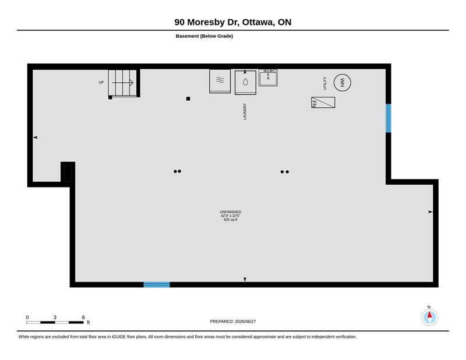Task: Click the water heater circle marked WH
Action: pyautogui.click(x=342, y=82)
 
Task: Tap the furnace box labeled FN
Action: pyautogui.click(x=323, y=103)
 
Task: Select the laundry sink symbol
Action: pyautogui.click(x=268, y=78)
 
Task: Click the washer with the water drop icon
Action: pyautogui.click(x=245, y=82)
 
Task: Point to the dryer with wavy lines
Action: pyautogui.click(x=220, y=81)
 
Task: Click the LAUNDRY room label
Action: pyautogui.click(x=245, y=111)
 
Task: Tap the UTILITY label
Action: pyautogui.click(x=325, y=83)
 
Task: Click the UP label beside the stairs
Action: pyautogui.click(x=101, y=82)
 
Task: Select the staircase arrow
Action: pyautogui.click(x=122, y=83)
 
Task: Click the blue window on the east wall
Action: pyautogui.click(x=388, y=118)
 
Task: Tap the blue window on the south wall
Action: pyautogui.click(x=157, y=284)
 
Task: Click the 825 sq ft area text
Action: pyautogui.click(x=230, y=220)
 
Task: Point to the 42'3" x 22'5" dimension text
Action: pyautogui.click(x=230, y=216)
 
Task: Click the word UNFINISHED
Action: pyautogui.click(x=230, y=212)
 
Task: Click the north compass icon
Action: pyautogui.click(x=429, y=317)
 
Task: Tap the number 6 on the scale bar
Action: pyautogui.click(x=83, y=317)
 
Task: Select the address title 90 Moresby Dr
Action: pyautogui.click(x=207, y=22)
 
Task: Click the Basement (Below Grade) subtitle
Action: pyautogui.click(x=204, y=36)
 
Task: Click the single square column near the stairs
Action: pyautogui.click(x=188, y=98)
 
